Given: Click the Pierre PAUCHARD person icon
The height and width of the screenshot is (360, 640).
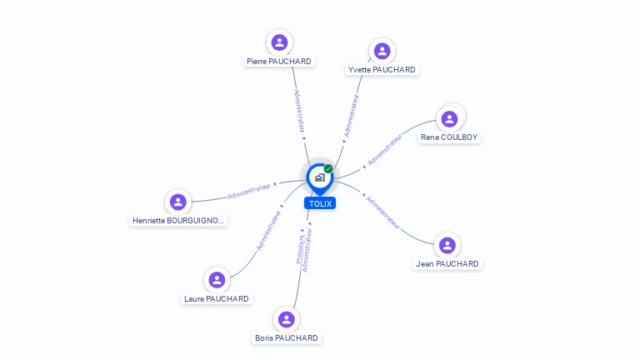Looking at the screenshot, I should click(279, 42).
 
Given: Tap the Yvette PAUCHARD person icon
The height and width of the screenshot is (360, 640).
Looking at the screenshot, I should click(382, 51).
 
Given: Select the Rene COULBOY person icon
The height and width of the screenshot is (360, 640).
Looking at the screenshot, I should click(450, 118).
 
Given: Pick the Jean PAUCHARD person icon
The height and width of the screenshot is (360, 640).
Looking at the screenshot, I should click(447, 245).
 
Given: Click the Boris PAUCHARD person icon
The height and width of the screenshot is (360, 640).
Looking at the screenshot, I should click(287, 319).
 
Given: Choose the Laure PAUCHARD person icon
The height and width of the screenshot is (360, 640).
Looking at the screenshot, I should click(217, 280).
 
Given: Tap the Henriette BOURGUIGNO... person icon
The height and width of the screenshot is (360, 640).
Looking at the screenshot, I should click(177, 202).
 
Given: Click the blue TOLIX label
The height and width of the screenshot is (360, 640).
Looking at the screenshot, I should click(320, 203).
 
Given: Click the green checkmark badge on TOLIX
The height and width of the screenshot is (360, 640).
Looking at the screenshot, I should click(328, 169).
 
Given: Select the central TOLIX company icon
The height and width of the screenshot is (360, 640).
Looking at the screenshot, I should click(319, 177).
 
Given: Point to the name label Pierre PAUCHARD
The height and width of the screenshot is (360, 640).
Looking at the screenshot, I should click(279, 62).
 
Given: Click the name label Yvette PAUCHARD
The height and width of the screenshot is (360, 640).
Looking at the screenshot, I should click(382, 70).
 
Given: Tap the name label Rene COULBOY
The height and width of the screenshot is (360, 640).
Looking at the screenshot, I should click(450, 137).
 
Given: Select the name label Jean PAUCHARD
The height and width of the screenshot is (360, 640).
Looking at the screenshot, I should click(447, 264).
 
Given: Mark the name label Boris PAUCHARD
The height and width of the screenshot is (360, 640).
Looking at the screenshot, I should click(287, 338).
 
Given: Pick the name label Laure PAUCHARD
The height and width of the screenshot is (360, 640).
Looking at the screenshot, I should click(217, 299).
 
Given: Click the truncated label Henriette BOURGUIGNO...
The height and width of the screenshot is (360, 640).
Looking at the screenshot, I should click(178, 221).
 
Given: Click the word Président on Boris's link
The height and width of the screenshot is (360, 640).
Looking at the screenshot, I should click(300, 248).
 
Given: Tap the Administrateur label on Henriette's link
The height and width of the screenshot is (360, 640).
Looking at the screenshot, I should click(249, 192).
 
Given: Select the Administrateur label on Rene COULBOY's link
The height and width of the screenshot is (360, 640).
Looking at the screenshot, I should click(385, 148).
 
